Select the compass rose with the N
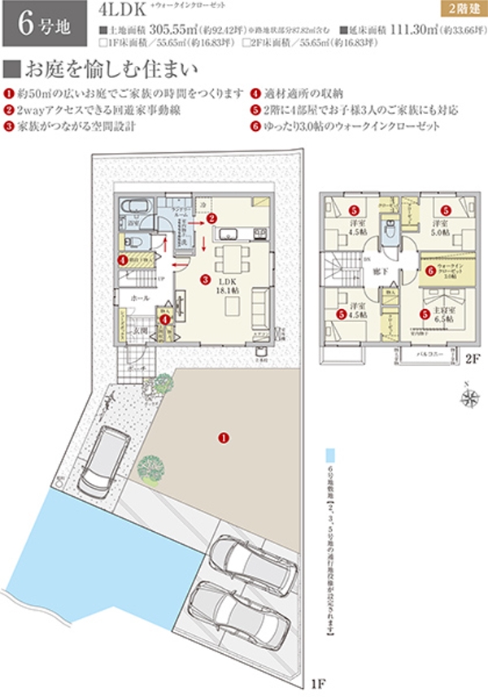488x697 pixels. (468, 398)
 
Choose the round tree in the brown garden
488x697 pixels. (150, 467)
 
